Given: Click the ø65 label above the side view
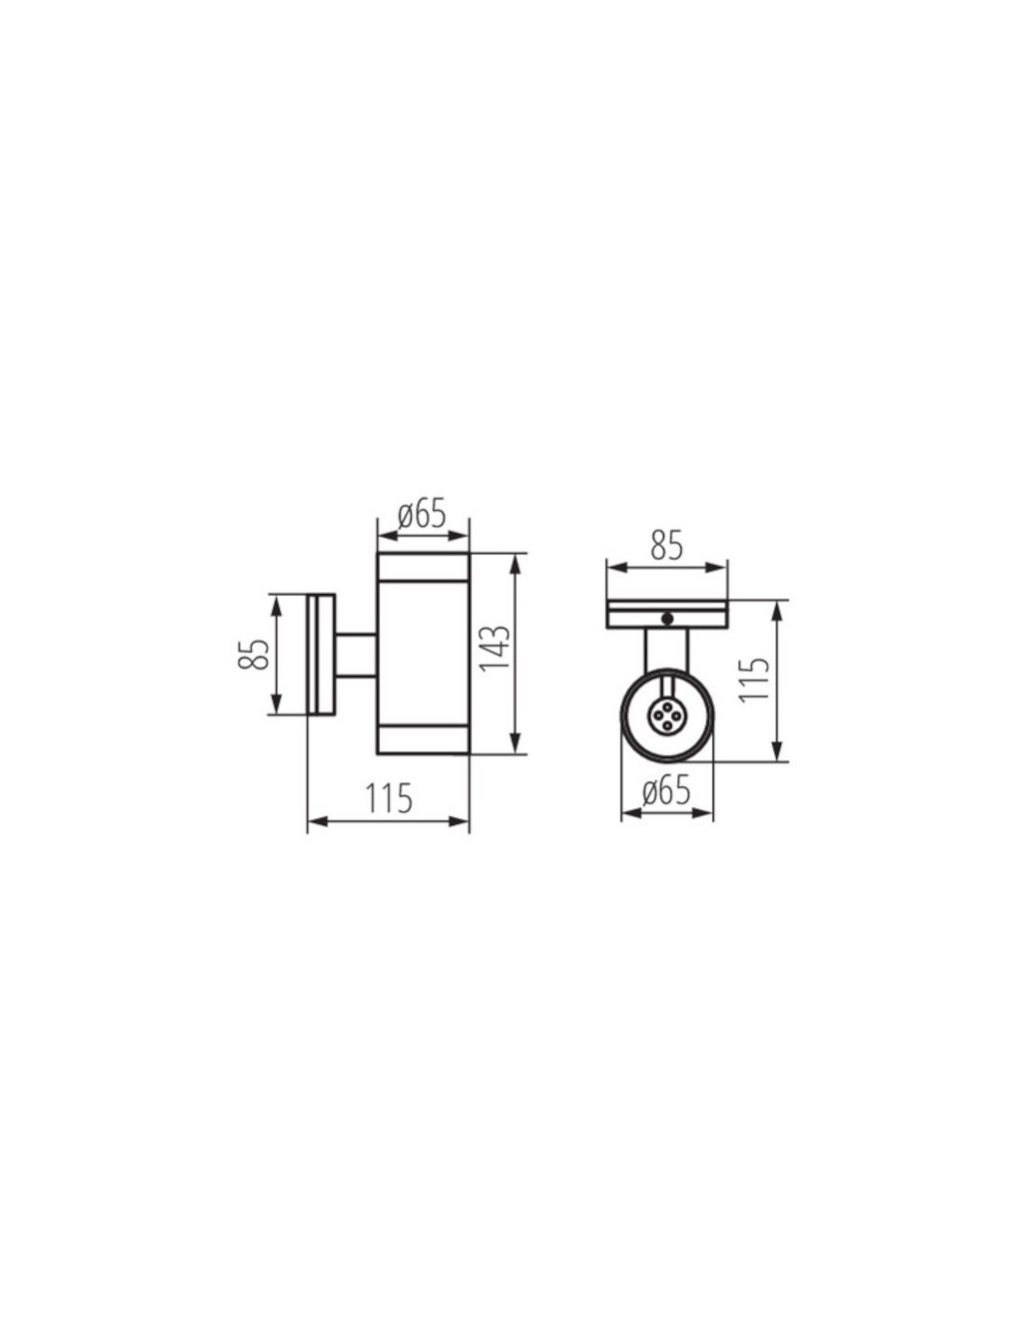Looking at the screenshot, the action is click(x=422, y=516).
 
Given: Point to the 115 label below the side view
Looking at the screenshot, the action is click(x=389, y=799).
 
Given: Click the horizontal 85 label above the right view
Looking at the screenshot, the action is click(x=666, y=546).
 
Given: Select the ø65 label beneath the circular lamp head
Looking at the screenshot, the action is click(x=666, y=792).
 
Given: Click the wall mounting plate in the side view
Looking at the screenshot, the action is click(x=321, y=655).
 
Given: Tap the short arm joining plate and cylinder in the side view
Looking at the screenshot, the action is click(x=355, y=656).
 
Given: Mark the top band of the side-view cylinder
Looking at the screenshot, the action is click(x=423, y=567).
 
